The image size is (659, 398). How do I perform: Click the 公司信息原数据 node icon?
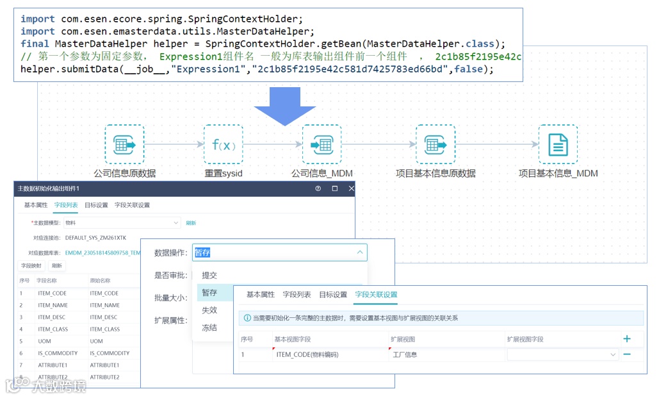[124, 145]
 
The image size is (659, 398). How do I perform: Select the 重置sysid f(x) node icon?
[223, 145]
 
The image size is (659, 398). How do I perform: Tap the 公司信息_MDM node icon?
[321, 145]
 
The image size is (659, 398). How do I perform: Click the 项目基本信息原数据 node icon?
[435, 145]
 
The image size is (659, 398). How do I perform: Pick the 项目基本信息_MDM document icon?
[558, 145]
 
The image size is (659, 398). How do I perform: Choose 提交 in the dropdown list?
[209, 275]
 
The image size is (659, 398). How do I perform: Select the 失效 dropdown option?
[209, 310]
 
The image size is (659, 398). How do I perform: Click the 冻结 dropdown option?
[209, 328]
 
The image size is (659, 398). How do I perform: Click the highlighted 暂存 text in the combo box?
[202, 253]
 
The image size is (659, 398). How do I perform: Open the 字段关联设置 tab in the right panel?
[376, 295]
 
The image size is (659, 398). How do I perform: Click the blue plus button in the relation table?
[627, 339]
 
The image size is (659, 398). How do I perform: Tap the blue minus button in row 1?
[627, 354]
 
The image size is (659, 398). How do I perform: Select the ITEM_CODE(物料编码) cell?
[307, 354]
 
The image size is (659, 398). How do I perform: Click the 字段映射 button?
[31, 265]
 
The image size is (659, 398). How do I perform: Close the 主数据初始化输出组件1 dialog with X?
[351, 188]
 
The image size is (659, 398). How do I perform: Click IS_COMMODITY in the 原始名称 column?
[110, 353]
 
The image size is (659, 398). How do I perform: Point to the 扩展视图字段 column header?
[525, 339]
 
